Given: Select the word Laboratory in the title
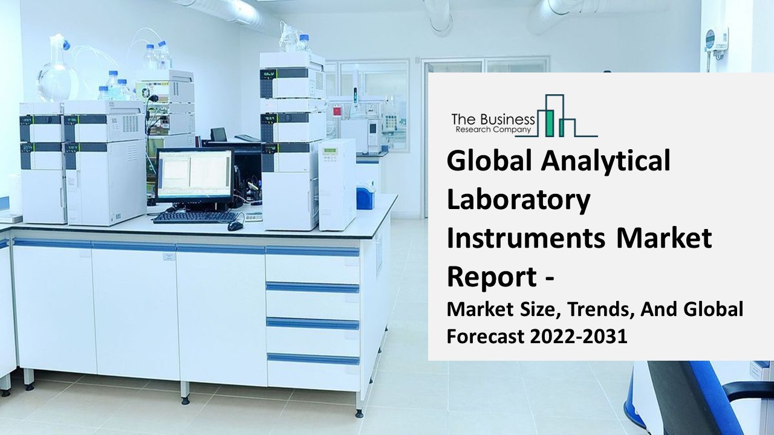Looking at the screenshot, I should point(518,201).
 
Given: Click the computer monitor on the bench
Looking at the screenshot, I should point(194,176).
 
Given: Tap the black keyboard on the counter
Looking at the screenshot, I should point(195,217).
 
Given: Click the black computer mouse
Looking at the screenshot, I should point(235,226).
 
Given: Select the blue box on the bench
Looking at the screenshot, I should point(365,197).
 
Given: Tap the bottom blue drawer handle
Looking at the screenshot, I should point(313,358).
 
